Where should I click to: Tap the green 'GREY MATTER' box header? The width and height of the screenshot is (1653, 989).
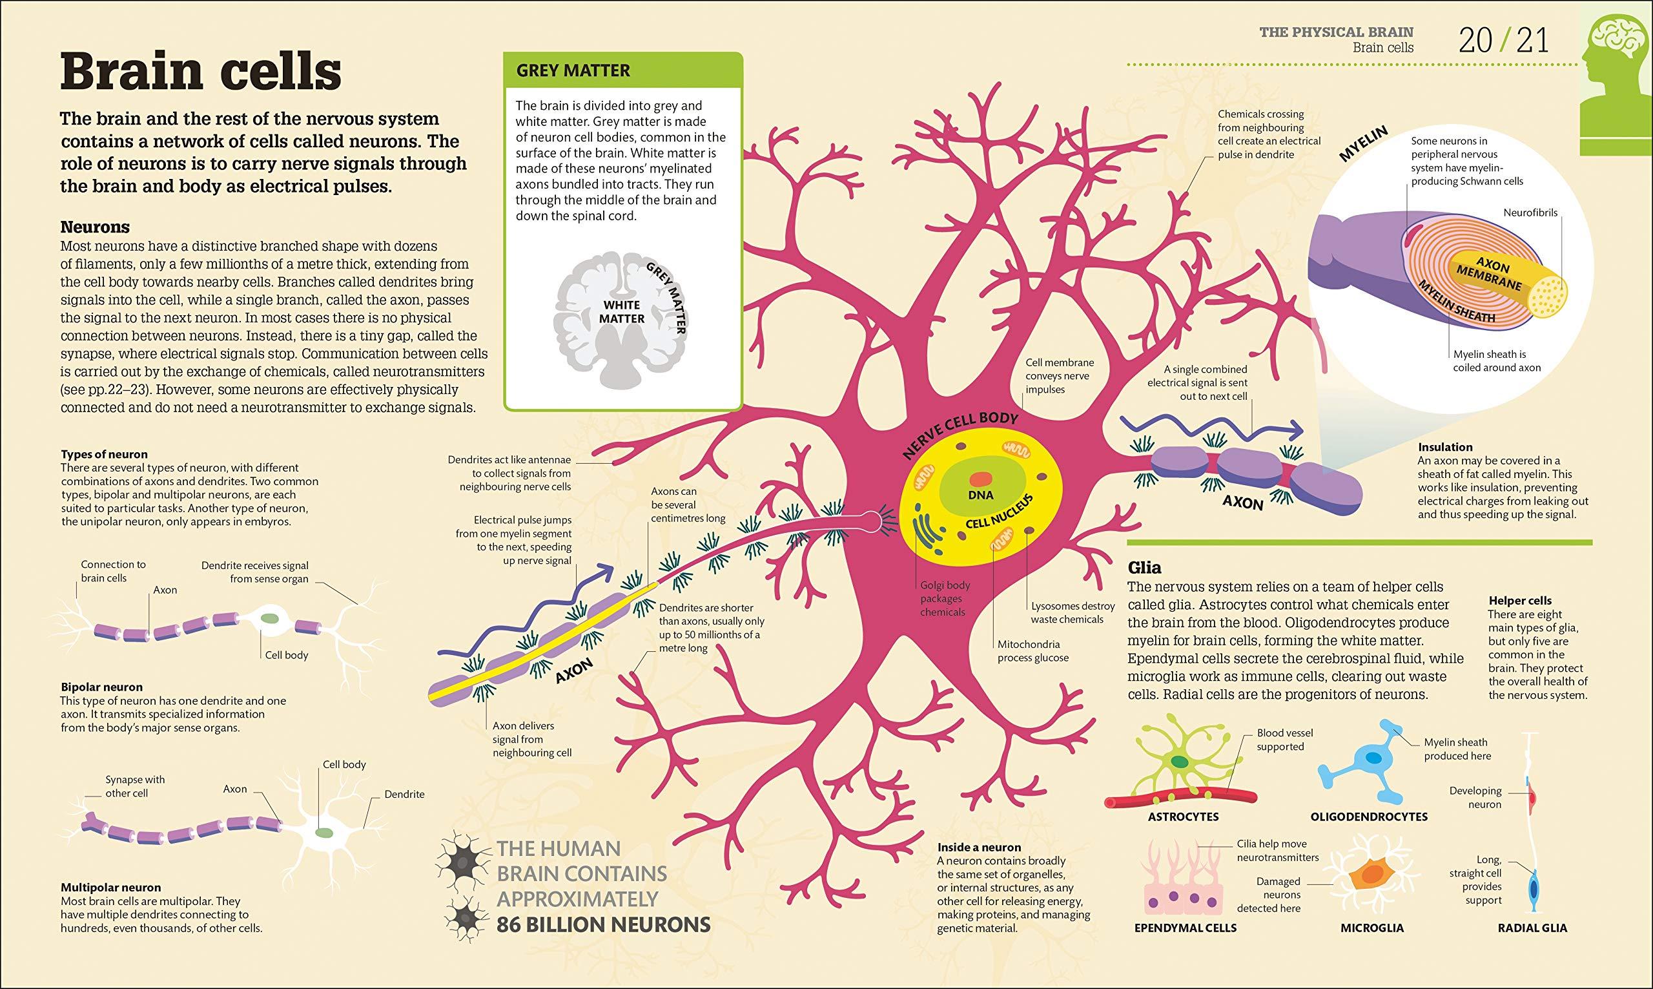(622, 70)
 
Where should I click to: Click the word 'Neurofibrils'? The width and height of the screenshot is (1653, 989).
(1530, 213)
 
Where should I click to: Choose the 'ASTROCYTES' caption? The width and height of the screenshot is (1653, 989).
(1183, 817)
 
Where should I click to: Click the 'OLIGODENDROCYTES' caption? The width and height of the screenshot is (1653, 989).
(1370, 817)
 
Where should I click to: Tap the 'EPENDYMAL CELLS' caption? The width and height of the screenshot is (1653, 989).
(1186, 928)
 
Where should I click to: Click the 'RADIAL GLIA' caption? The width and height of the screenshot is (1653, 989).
(1541, 928)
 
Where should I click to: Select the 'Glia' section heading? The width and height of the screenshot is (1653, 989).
(1144, 568)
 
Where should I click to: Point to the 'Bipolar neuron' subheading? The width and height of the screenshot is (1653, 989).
(101, 687)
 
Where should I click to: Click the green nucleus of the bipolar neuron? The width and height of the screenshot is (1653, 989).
(270, 618)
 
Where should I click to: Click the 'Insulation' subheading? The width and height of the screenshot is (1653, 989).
(1444, 446)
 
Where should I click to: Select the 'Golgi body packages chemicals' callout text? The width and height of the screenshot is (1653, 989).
(941, 598)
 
